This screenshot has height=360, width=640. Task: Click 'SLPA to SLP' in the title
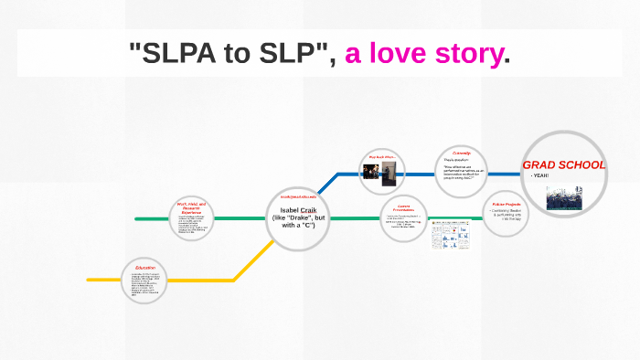pos(233,54)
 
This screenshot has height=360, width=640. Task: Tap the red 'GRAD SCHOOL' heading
pos(563,165)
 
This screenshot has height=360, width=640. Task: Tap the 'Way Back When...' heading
pos(382,157)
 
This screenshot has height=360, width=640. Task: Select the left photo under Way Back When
pos(372,174)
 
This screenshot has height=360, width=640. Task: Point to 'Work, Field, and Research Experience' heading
pos(190,207)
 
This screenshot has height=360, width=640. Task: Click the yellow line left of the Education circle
pos(102,280)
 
